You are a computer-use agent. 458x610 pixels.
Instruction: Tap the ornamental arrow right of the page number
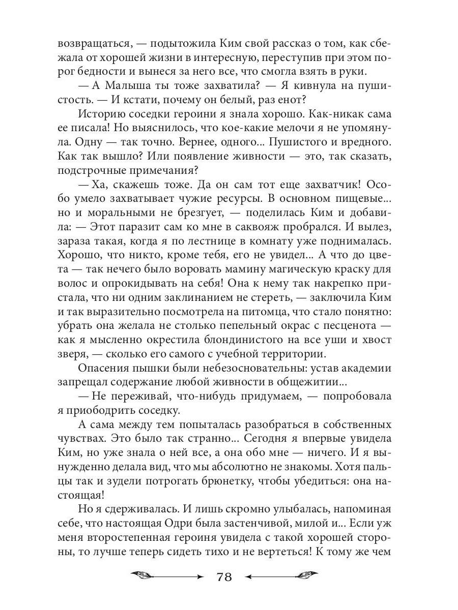click(x=282, y=576)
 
